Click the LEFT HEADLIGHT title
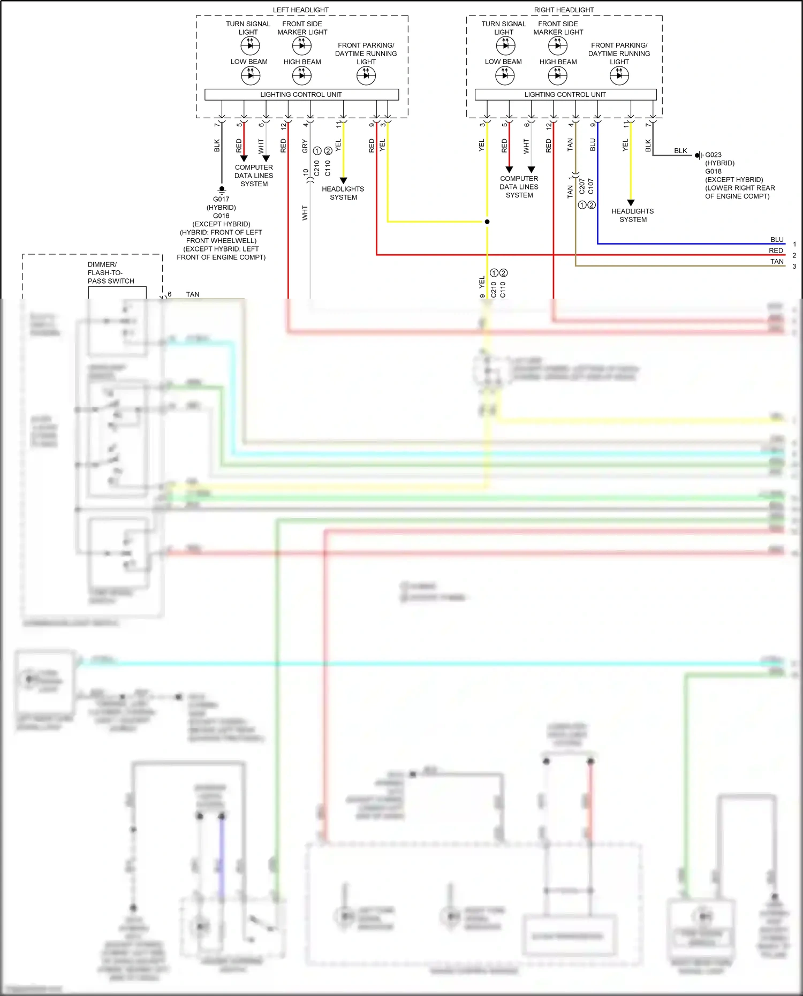point(300,10)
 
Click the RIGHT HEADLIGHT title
point(564,10)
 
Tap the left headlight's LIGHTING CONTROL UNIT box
point(301,94)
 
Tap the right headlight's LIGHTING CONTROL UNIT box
point(565,94)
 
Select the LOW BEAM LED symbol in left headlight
point(250,75)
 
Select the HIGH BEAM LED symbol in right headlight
point(557,75)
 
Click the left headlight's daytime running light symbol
point(366,75)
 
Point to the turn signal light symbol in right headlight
point(505,46)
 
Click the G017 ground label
point(221,199)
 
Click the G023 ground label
point(713,155)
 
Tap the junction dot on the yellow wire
point(487,222)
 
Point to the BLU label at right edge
point(777,239)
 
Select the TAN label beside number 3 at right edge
point(777,261)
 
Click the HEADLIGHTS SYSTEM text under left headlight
point(343,193)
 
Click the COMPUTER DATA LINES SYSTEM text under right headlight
point(519,187)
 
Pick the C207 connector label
point(582,186)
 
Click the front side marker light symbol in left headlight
point(301,46)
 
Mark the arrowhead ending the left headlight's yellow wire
point(343,181)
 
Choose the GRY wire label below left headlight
point(305,146)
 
